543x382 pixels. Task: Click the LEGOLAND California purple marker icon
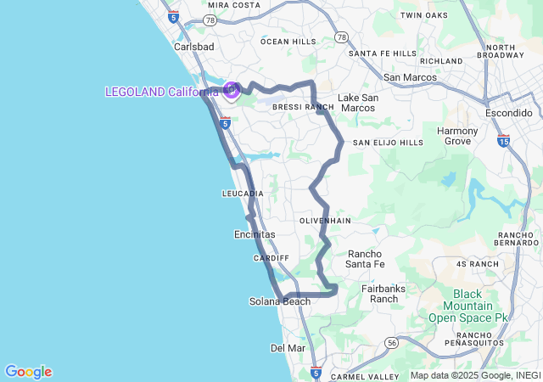click(231, 88)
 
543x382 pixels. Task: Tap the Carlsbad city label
click(194, 47)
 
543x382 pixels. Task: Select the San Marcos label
click(410, 77)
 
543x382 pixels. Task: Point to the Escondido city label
click(508, 113)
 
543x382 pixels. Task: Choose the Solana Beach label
click(280, 301)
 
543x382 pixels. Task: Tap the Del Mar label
click(288, 348)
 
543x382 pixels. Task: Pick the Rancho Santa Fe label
click(366, 259)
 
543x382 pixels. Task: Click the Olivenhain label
click(325, 220)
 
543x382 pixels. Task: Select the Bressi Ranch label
click(303, 108)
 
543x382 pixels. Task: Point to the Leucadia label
click(243, 194)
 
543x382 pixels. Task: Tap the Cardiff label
click(271, 257)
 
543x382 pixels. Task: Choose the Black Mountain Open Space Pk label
click(467, 306)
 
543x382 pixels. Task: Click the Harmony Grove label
click(458, 136)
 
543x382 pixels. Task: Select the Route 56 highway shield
click(391, 342)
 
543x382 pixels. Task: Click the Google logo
click(28, 372)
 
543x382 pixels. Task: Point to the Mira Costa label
click(234, 5)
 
